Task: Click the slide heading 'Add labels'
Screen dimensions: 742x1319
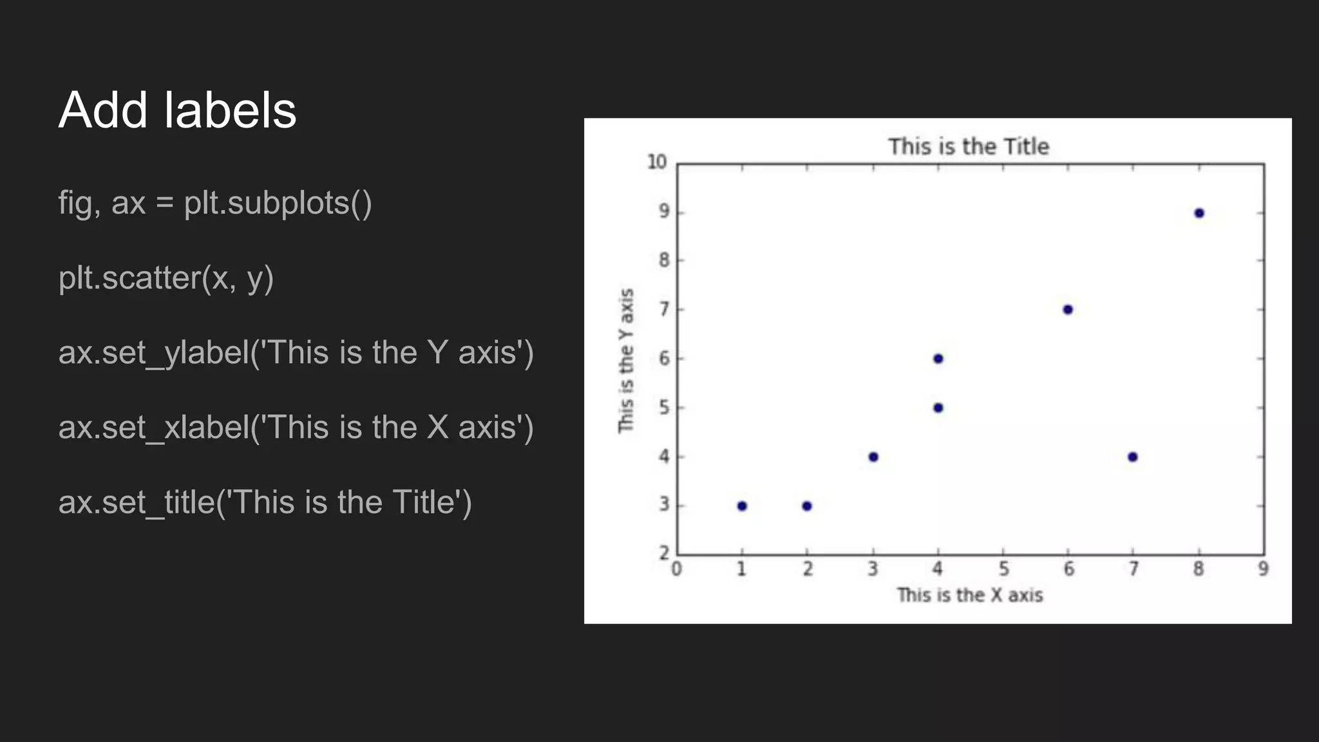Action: pyautogui.click(x=177, y=110)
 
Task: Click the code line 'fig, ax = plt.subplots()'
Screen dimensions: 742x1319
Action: pyautogui.click(x=215, y=203)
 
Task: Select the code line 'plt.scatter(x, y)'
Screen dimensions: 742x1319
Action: pyautogui.click(x=166, y=278)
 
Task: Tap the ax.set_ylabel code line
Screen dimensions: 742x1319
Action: pyautogui.click(x=296, y=353)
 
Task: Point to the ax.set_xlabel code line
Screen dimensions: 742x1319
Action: pyautogui.click(x=296, y=428)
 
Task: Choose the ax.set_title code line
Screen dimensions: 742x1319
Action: pyautogui.click(x=265, y=502)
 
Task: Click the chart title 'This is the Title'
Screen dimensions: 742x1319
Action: pyautogui.click(x=969, y=147)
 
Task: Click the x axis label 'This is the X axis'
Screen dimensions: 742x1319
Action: pyautogui.click(x=969, y=595)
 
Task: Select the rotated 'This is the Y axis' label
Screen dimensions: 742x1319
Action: pyautogui.click(x=626, y=361)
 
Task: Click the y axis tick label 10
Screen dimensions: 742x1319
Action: pyautogui.click(x=657, y=162)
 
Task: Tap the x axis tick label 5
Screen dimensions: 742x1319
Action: pyautogui.click(x=1003, y=569)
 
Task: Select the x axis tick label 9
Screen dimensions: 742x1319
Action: pyautogui.click(x=1263, y=569)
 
